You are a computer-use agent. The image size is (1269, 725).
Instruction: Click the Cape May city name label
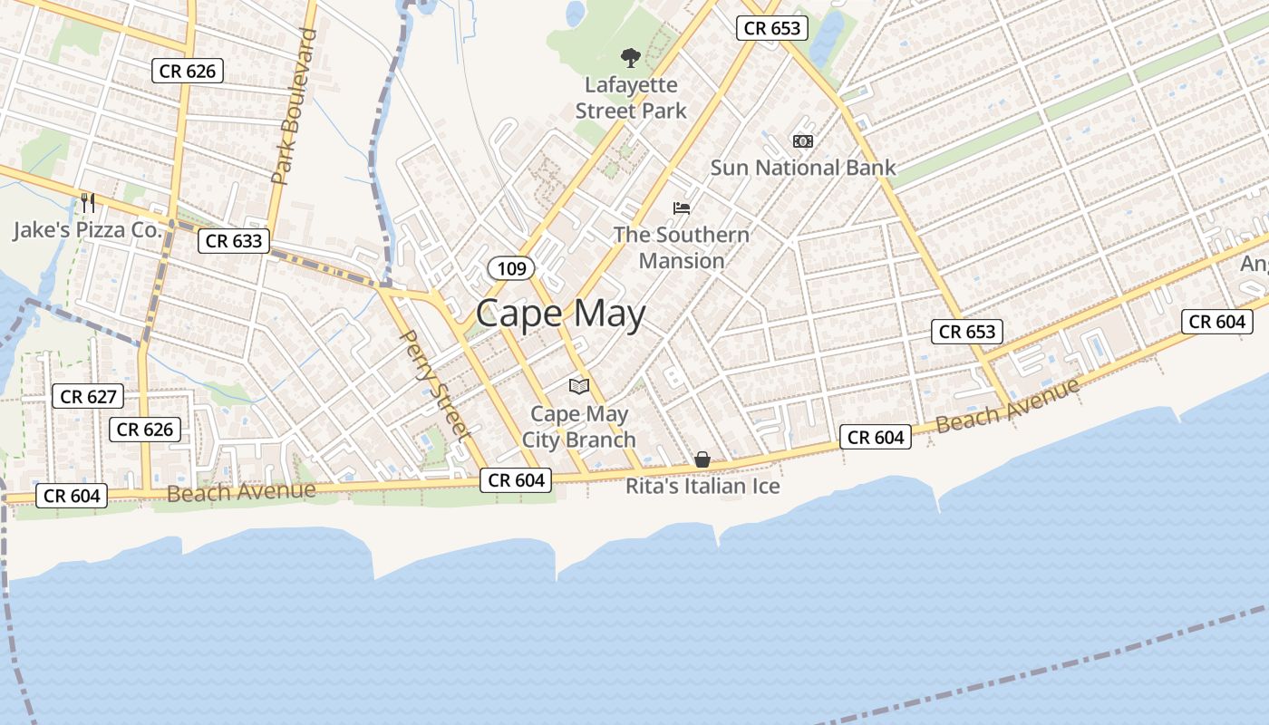pos(560,314)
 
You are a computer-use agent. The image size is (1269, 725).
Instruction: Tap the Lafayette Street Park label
pos(631,98)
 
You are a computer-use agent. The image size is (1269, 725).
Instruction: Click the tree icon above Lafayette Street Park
pos(630,59)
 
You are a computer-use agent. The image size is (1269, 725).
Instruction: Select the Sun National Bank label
pos(802,168)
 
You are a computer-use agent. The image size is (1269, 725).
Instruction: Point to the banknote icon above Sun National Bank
pos(802,141)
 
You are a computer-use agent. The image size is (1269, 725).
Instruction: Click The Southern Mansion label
pos(682,247)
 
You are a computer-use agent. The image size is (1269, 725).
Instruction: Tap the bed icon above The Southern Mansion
pos(682,208)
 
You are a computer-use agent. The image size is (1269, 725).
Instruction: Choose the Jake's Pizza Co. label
pos(87,230)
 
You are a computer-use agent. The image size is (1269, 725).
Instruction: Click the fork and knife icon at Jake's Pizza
pos(87,202)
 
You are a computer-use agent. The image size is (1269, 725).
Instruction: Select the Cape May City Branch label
pos(579,427)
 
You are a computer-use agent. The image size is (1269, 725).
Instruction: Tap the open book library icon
pos(579,386)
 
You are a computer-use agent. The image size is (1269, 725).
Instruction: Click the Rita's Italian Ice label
pos(702,487)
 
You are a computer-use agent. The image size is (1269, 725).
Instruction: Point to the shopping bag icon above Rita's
pos(702,460)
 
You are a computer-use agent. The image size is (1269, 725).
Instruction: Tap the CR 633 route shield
pos(234,240)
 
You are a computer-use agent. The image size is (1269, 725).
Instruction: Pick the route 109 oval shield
pos(511,267)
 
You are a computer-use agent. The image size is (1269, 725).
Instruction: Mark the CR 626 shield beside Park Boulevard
pos(188,71)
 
